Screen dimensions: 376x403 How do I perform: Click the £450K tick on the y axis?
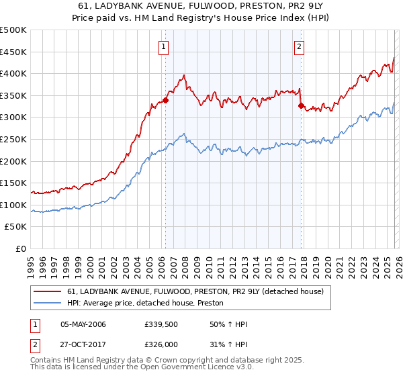click(13, 52)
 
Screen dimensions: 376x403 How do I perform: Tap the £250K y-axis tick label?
click(13, 140)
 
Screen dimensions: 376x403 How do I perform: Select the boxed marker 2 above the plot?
click(299, 47)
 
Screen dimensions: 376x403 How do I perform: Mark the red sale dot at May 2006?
click(165, 101)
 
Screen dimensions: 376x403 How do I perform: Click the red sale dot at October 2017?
click(301, 105)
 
